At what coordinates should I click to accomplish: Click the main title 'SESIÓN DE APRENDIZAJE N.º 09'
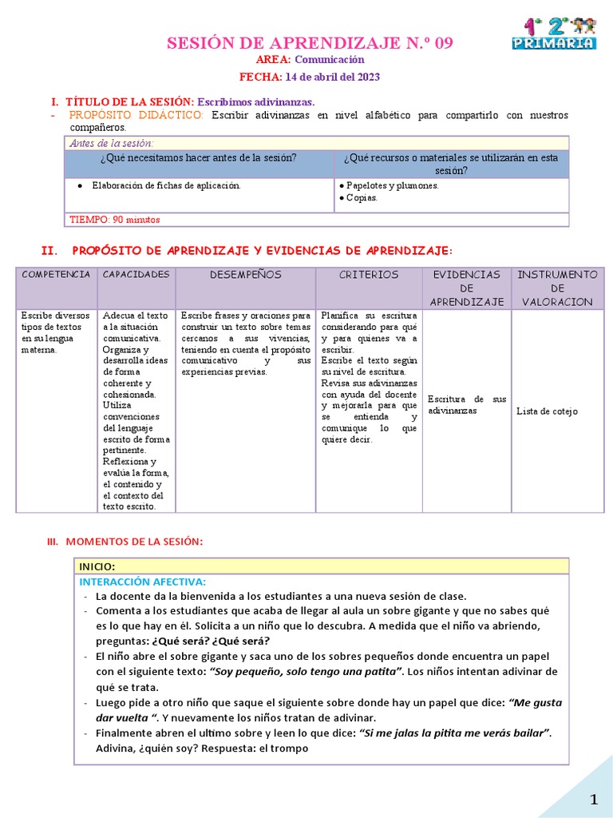(310, 43)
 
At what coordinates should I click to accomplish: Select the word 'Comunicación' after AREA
(330, 60)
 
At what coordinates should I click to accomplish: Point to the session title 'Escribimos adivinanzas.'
(256, 102)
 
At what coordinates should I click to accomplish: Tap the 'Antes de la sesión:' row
(112, 143)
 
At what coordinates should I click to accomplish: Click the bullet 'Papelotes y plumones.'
(392, 186)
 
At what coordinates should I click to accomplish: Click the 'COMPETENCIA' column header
(56, 275)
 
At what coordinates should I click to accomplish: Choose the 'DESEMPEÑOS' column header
(246, 275)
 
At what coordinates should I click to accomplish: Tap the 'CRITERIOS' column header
(369, 275)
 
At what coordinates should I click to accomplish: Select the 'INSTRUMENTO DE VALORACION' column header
(557, 288)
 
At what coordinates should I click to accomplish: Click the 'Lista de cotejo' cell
(548, 411)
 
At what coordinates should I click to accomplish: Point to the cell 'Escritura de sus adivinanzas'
(467, 404)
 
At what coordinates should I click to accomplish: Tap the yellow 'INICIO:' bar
(321, 566)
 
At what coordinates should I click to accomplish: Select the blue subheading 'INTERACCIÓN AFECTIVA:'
(143, 582)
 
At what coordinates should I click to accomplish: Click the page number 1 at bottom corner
(593, 800)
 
